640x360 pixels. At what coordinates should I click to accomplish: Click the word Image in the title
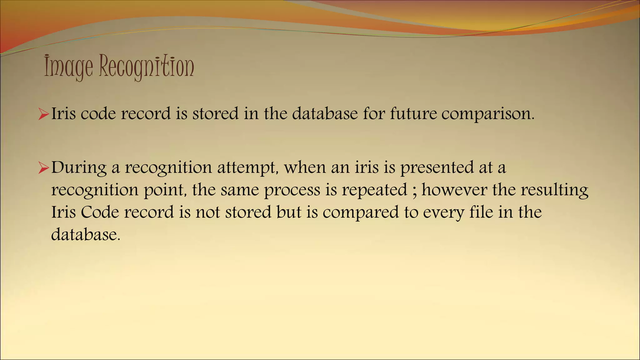point(68,67)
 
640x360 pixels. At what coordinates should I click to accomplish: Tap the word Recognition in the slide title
point(147,67)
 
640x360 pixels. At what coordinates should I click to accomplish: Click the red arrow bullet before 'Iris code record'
point(43,114)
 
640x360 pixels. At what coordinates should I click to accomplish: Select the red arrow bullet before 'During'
point(43,168)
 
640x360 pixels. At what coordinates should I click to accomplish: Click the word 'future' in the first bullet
point(413,113)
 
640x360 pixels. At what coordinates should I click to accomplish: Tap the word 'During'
point(79,168)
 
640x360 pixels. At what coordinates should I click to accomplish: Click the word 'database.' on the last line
point(86,234)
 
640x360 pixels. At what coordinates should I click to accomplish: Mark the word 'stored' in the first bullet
point(215,113)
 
